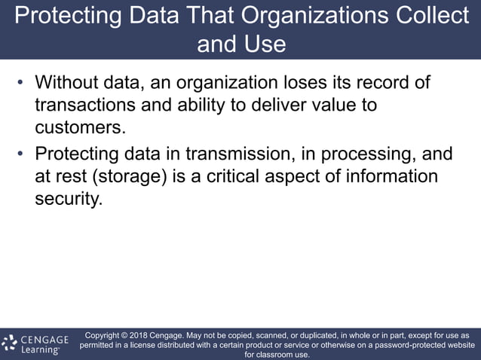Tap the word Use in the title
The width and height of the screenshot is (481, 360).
[265, 44]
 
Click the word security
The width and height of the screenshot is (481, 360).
[67, 200]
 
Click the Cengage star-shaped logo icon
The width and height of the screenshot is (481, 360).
[10, 343]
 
